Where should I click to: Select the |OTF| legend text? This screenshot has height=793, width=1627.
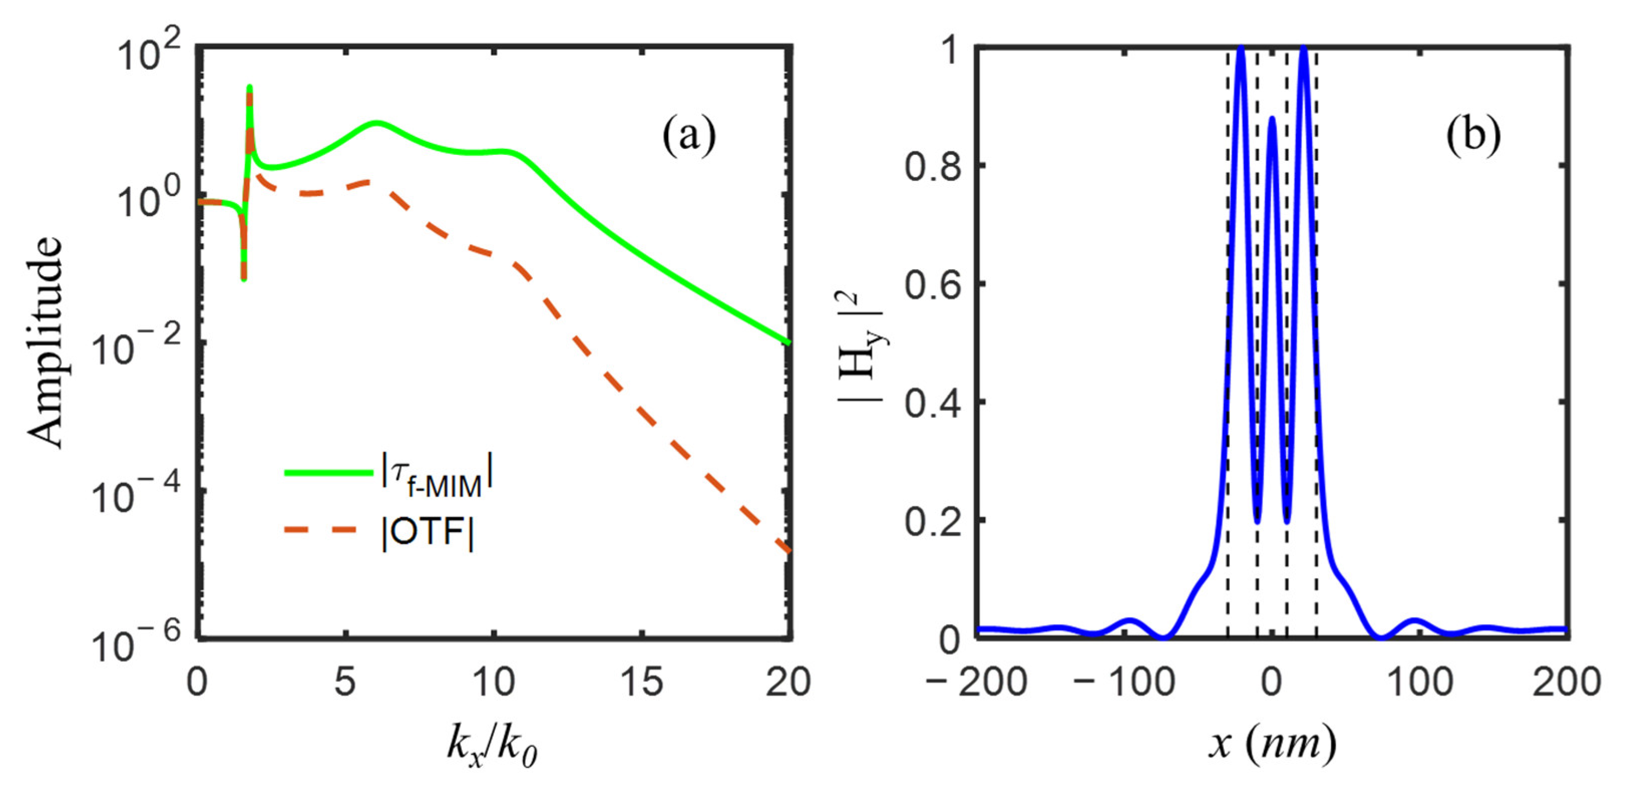click(428, 533)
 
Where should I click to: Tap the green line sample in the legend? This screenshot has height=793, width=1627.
click(328, 472)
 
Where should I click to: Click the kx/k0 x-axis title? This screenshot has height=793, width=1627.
click(492, 745)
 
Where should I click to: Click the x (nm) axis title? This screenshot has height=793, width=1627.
click(1272, 743)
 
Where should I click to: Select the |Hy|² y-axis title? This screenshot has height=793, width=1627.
click(863, 344)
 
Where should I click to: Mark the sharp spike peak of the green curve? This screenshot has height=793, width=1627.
click(250, 87)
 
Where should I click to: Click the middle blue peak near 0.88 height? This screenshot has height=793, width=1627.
click(1272, 119)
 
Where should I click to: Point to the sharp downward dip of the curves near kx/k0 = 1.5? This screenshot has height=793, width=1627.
click(244, 278)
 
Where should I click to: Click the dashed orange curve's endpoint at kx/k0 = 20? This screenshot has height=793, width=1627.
click(788, 551)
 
